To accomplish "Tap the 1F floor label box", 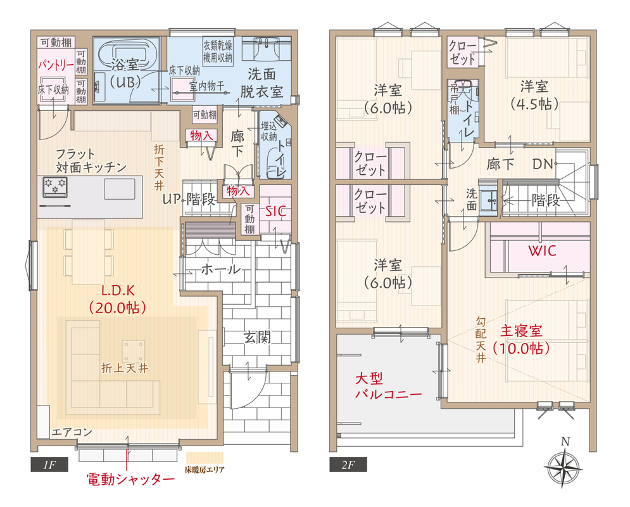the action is click(x=49, y=465).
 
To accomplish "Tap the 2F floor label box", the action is click(x=348, y=465).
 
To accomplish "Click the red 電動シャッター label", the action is click(x=131, y=479).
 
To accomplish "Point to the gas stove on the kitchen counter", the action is click(x=54, y=186).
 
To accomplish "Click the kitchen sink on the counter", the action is click(x=119, y=189).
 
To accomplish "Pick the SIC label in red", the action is click(x=275, y=210).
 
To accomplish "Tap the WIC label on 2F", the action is click(x=542, y=251).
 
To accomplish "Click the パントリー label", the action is click(x=56, y=65).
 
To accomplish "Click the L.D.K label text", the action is click(x=118, y=291).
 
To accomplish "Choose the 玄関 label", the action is click(x=256, y=337).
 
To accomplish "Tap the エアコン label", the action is click(x=72, y=432).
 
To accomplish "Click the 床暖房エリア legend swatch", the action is click(x=205, y=458).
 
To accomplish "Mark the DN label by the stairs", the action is click(x=543, y=164).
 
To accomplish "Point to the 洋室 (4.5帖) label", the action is click(x=534, y=95).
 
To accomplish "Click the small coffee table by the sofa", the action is click(x=134, y=351).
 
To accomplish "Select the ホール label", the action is click(x=220, y=269).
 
